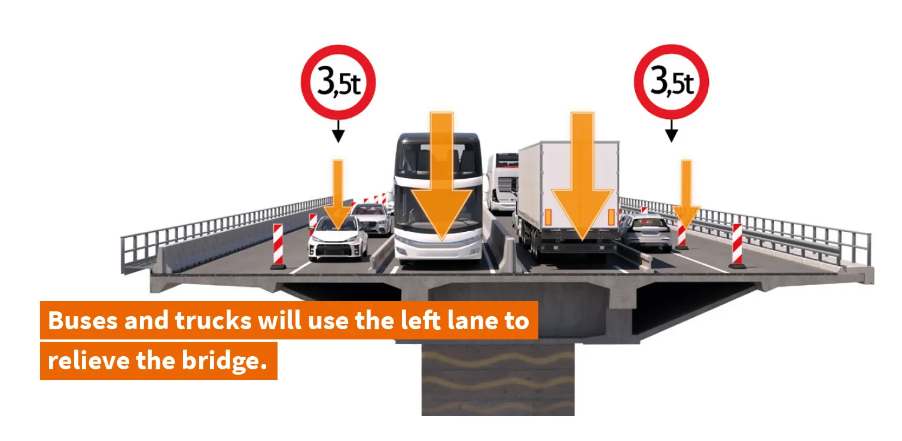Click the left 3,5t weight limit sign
pyautogui.click(x=339, y=82)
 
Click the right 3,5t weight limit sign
pyautogui.click(x=671, y=82)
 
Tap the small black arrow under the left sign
pyautogui.click(x=339, y=131)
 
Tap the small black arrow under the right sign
pyautogui.click(x=671, y=131)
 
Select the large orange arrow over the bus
pyautogui.click(x=442, y=177)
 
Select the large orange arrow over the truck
pyautogui.click(x=582, y=177)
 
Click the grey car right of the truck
pyautogui.click(x=645, y=232)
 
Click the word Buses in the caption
pyautogui.click(x=83, y=321)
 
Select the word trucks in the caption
pyautogui.click(x=214, y=321)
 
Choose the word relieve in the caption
pyautogui.click(x=89, y=360)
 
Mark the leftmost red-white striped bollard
pyautogui.click(x=278, y=246)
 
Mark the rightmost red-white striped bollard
pyautogui.click(x=737, y=246)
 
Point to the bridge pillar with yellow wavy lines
pyautogui.click(x=498, y=379)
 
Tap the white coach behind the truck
pyautogui.click(x=502, y=182)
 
